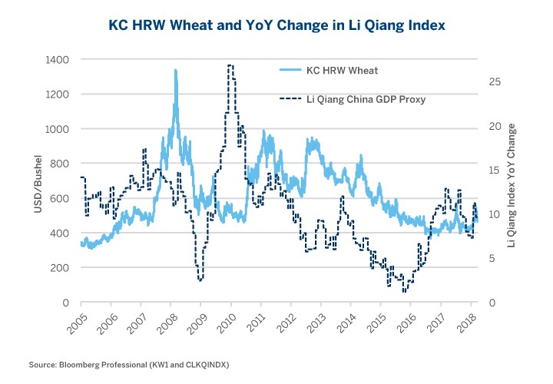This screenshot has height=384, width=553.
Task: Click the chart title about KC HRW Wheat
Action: tap(276, 25)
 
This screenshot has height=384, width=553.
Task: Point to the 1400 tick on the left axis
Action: tap(58, 59)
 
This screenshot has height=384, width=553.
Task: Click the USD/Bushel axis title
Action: tap(38, 181)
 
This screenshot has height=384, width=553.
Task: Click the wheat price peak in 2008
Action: tap(176, 70)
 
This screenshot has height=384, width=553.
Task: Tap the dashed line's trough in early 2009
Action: tap(200, 280)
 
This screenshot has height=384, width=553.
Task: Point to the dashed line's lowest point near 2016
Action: tap(405, 291)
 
